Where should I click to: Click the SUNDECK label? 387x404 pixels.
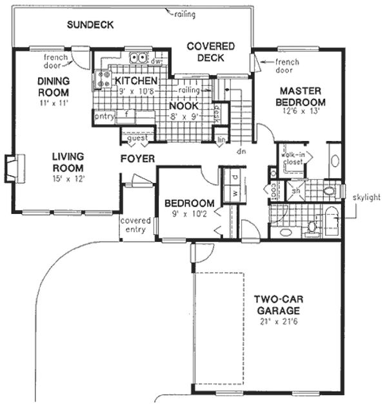91,25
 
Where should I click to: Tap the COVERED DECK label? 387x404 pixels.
210,51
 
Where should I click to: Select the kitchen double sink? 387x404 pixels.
139,58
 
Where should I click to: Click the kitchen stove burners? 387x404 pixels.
103,79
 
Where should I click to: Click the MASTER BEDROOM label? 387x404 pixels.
300,96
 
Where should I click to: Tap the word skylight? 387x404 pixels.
366,195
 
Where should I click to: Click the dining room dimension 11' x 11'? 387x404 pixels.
53,102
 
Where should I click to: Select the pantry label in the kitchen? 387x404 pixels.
104,117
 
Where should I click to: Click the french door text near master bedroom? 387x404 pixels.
287,62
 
